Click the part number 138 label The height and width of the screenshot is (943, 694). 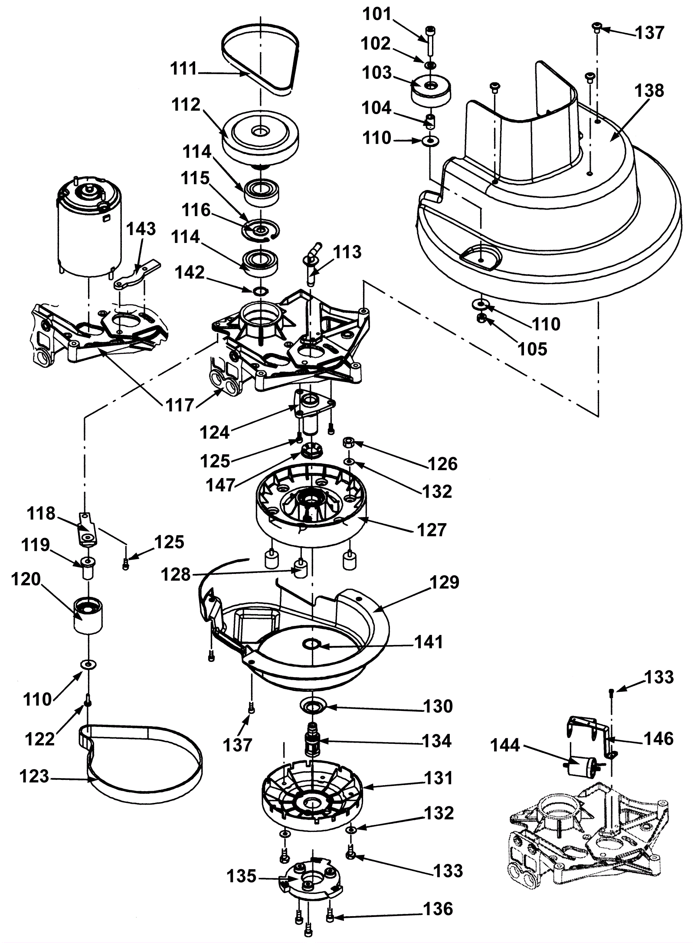[x=649, y=91]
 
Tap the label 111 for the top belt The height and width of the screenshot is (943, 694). [x=184, y=69]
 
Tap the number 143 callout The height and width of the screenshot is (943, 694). [x=141, y=229]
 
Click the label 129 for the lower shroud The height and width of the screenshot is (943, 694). [x=444, y=583]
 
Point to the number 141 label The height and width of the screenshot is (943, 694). [x=429, y=642]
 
